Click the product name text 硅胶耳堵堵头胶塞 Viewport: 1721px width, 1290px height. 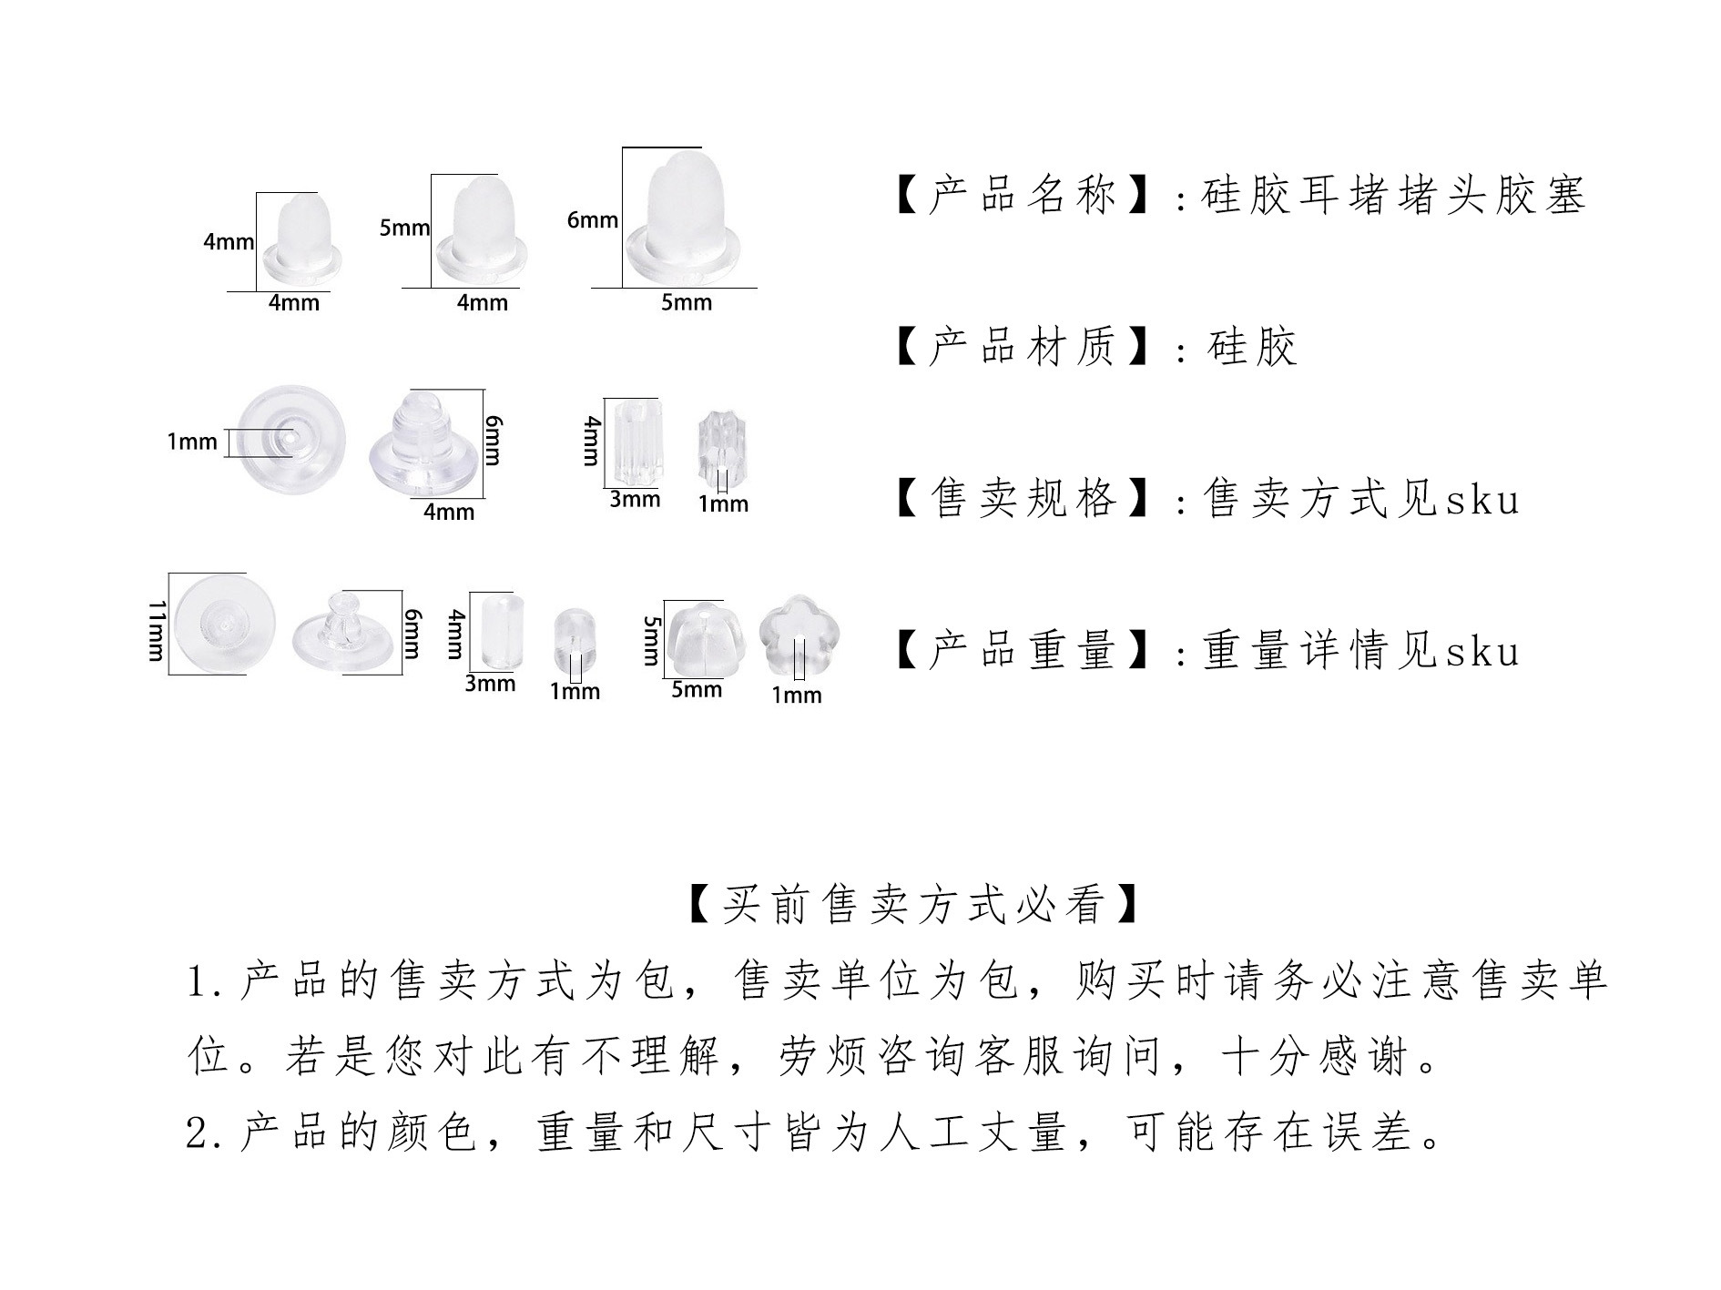click(x=1393, y=196)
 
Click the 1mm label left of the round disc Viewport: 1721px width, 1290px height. click(x=192, y=442)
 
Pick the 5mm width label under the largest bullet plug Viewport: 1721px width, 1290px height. click(x=687, y=302)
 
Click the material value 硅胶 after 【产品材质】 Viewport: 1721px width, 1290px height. click(x=1251, y=348)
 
